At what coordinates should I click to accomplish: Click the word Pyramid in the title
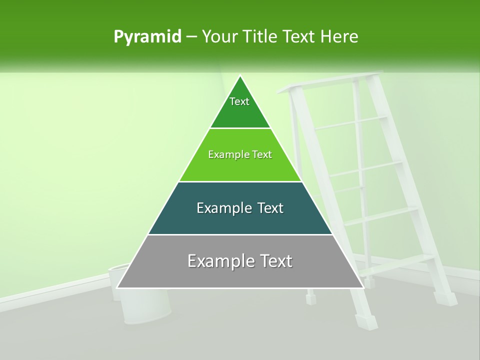(147, 37)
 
